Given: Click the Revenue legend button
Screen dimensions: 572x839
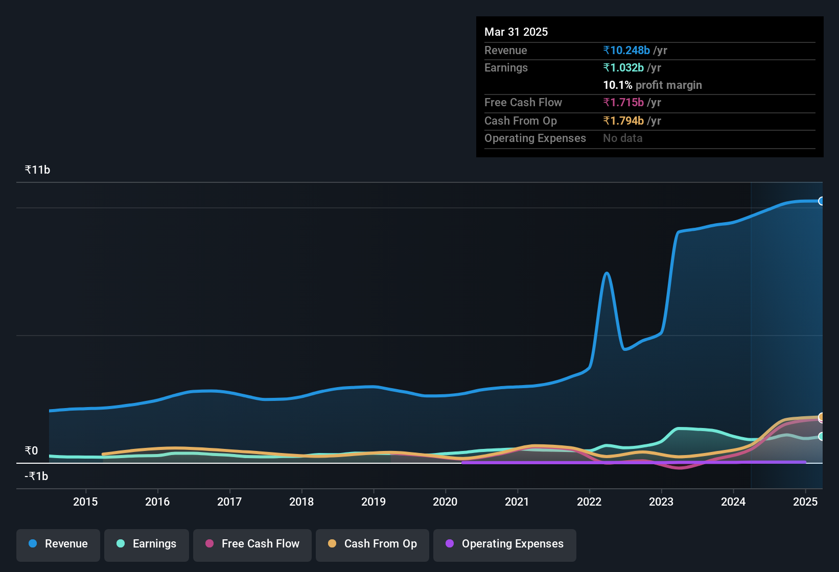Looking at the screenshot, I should click(58, 544).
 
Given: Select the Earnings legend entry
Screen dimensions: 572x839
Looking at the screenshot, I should click(146, 544).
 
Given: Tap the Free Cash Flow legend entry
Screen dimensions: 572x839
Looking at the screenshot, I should click(252, 544).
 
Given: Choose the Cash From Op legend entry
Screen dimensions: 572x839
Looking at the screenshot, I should click(372, 544).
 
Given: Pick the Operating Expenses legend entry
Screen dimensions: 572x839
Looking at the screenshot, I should click(504, 544).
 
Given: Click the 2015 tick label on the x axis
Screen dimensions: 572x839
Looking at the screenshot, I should click(85, 502).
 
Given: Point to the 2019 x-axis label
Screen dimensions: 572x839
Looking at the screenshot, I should click(374, 502).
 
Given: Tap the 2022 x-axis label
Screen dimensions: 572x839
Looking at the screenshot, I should click(589, 502).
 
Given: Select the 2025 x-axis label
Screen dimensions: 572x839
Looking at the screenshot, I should click(805, 502).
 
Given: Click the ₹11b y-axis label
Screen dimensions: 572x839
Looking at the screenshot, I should click(37, 170).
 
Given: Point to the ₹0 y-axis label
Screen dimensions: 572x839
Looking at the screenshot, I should click(31, 450).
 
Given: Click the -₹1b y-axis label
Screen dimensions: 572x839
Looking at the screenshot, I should click(36, 476).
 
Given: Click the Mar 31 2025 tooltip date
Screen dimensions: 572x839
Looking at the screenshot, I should click(516, 32).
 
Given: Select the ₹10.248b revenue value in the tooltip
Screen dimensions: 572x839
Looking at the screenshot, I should click(626, 50).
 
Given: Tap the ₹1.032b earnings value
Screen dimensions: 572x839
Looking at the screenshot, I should click(623, 67).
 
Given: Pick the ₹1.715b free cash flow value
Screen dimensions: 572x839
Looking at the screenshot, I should click(623, 102).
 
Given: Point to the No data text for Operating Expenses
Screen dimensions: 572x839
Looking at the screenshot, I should click(622, 138).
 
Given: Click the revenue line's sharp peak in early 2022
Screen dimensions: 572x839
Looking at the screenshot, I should click(607, 273).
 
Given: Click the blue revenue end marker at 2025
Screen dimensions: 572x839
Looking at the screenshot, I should click(821, 201).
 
